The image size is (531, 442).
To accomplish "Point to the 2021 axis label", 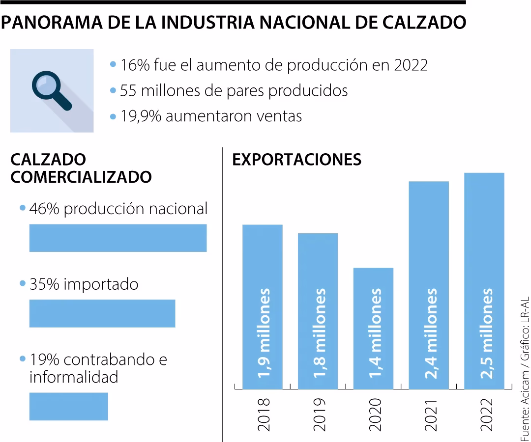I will pos(430,414).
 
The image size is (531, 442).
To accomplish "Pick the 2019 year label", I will pos(319,414).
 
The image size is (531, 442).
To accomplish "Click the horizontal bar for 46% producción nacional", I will pos(118,238).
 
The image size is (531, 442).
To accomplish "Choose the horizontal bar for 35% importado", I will pos(102,313).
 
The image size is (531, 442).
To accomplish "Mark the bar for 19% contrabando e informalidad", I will pos(69,406).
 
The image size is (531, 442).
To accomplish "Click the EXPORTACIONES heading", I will pos(296,160).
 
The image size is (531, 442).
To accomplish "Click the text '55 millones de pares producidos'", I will pos(234,90).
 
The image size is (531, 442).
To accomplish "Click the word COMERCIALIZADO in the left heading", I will pos(81,177).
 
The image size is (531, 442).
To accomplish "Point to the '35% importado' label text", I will pos(84,284).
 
